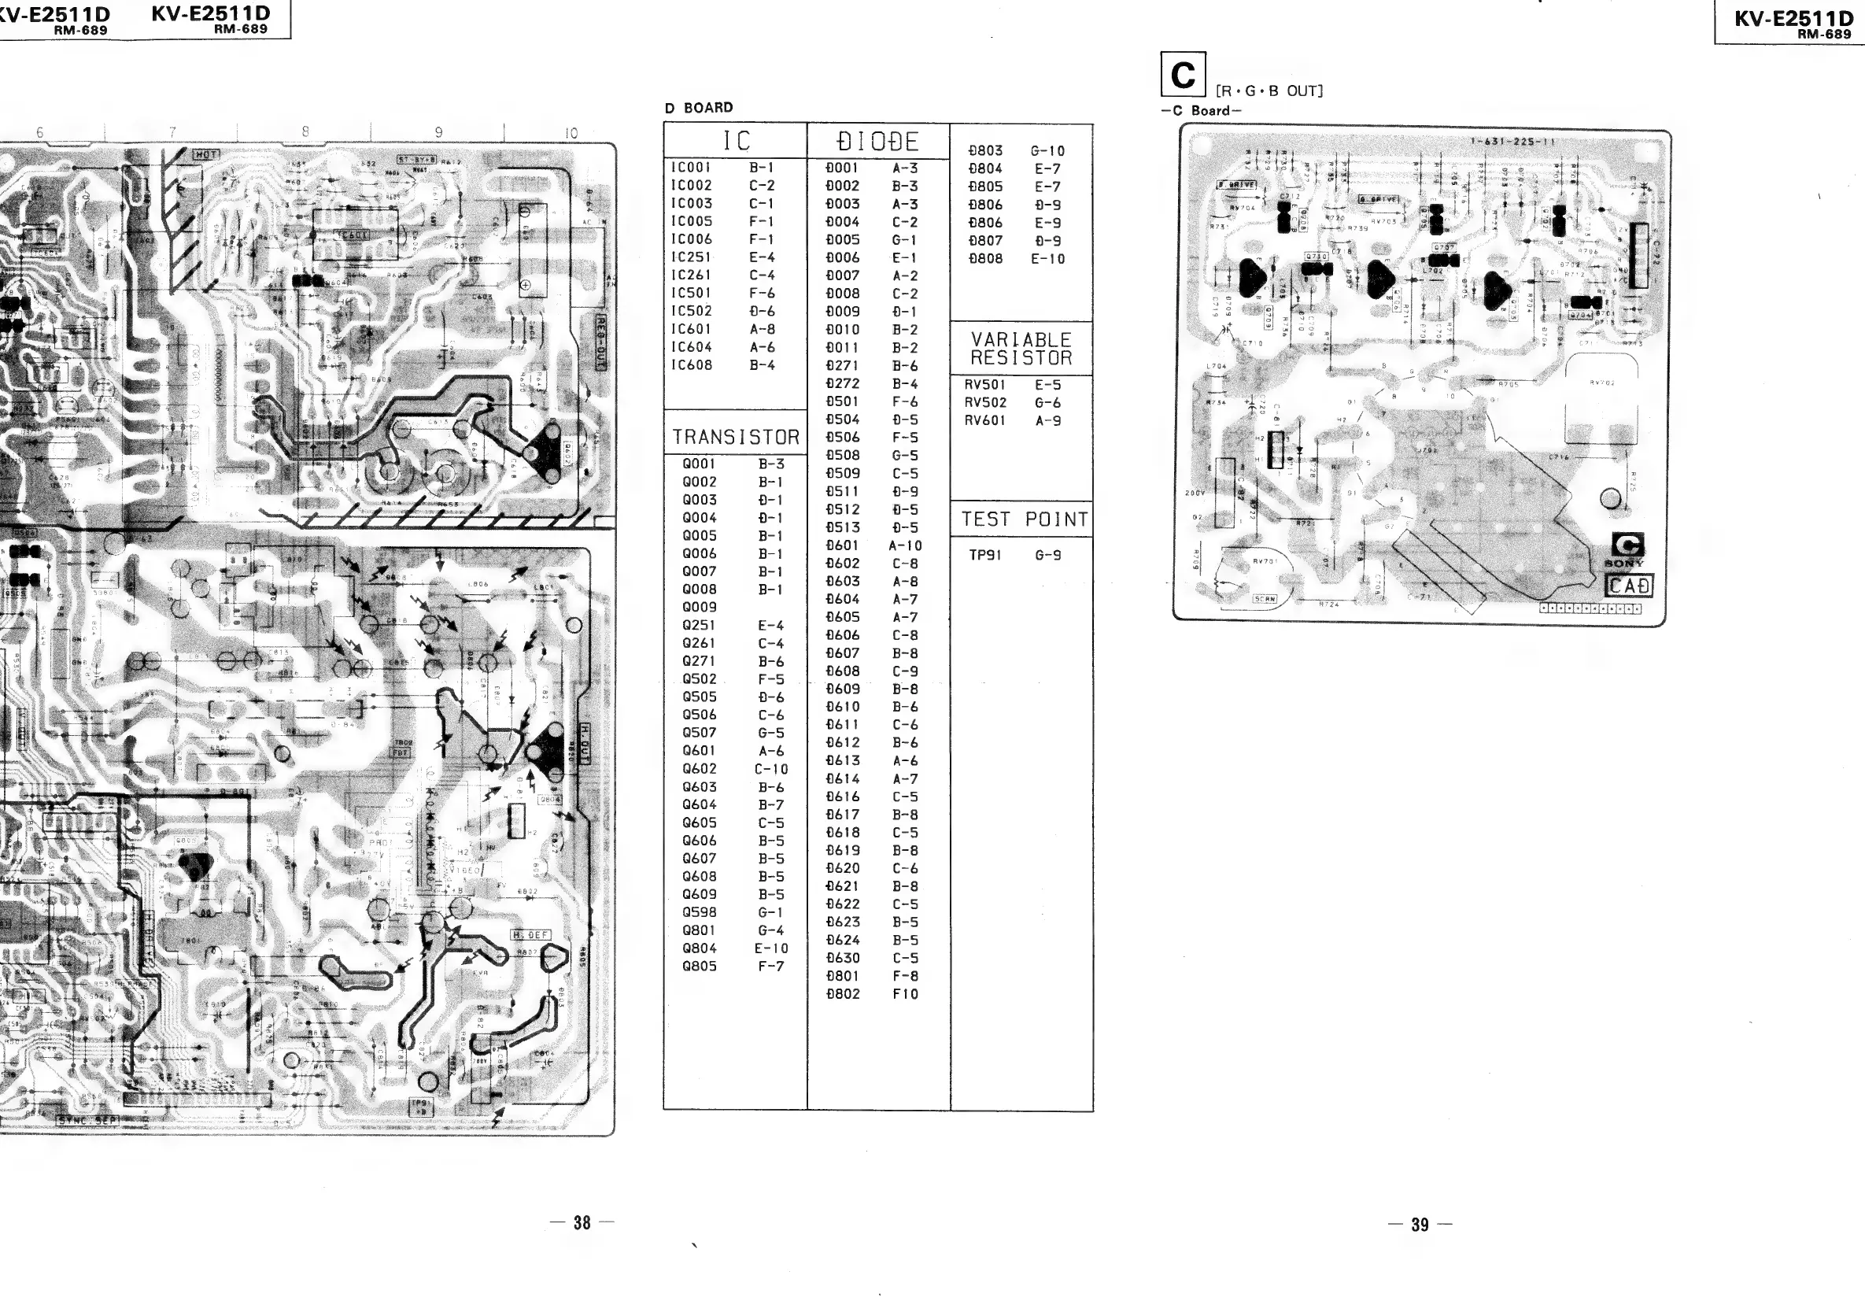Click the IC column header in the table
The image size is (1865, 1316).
[736, 142]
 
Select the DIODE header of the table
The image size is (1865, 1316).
[877, 142]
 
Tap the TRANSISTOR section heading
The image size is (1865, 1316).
[736, 438]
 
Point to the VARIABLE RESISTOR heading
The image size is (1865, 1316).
[1021, 349]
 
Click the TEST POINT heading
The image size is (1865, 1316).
[1025, 520]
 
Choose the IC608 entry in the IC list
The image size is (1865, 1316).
[691, 365]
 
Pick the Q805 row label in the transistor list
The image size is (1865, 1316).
[700, 967]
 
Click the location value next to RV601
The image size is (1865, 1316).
[1048, 421]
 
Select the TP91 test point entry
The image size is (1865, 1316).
[985, 556]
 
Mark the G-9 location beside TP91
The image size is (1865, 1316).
[1048, 556]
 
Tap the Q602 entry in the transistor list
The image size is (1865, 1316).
[700, 769]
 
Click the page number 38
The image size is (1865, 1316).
[582, 1223]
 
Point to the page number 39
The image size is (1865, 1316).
[1420, 1225]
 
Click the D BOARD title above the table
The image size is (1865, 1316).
[699, 108]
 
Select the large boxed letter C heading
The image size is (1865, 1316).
[1183, 75]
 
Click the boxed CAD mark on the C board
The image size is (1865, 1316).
[1629, 586]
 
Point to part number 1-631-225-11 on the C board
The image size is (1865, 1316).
[1512, 142]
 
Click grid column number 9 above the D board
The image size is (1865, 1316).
[438, 132]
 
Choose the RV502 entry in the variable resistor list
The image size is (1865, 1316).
[985, 403]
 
